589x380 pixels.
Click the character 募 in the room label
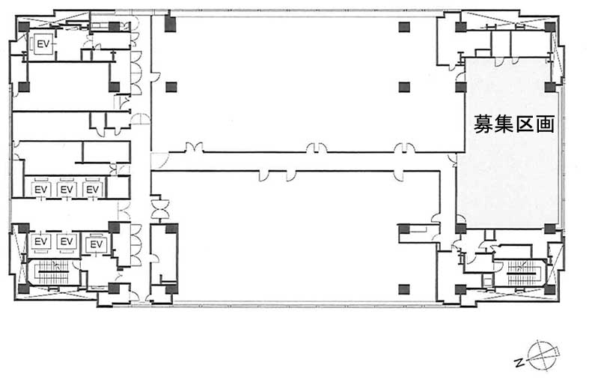[483, 124]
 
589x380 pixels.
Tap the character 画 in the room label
[545, 124]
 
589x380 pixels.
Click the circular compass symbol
[542, 355]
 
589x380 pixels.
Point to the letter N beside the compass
[520, 363]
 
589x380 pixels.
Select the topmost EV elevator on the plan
[43, 44]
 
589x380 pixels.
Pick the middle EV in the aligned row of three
[67, 189]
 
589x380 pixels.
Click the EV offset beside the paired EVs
[97, 244]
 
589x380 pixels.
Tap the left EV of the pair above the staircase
[40, 241]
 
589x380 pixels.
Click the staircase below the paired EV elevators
[52, 272]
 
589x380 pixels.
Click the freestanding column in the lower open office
[404, 289]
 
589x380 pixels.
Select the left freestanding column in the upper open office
[171, 87]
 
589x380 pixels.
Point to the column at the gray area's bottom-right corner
[550, 228]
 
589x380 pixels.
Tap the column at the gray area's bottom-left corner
[461, 228]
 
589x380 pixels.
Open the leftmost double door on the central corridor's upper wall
[194, 148]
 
